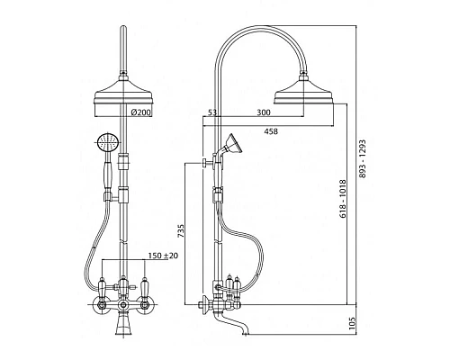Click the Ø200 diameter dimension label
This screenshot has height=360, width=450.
(140, 112)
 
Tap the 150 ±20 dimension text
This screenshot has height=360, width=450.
(163, 256)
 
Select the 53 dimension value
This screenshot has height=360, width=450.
(212, 112)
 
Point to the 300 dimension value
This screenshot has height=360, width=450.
(264, 112)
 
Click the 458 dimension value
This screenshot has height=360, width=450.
(271, 131)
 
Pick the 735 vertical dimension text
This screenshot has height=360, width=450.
(181, 231)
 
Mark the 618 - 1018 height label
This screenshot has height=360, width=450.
(343, 199)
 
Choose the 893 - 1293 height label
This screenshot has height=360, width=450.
(363, 158)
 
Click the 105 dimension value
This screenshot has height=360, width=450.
(352, 323)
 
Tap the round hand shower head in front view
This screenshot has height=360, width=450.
(108, 142)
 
